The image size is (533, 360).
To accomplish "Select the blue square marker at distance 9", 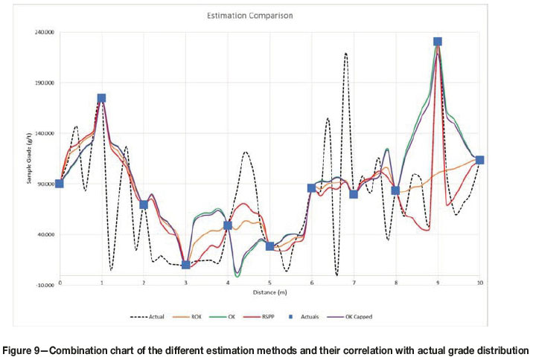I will click(438, 42).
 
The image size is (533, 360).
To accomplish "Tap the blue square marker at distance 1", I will click(101, 98).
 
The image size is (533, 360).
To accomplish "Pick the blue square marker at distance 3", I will click(186, 265).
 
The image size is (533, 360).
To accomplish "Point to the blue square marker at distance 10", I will click(480, 160).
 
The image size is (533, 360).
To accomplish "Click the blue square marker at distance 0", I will click(60, 184).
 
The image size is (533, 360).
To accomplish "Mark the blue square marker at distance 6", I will click(312, 188).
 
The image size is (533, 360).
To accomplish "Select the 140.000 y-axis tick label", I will click(42, 134).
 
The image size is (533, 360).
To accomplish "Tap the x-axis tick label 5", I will click(269, 283).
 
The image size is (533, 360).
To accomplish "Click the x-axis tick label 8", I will click(396, 283).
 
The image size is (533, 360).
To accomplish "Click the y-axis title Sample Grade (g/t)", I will click(31, 159).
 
